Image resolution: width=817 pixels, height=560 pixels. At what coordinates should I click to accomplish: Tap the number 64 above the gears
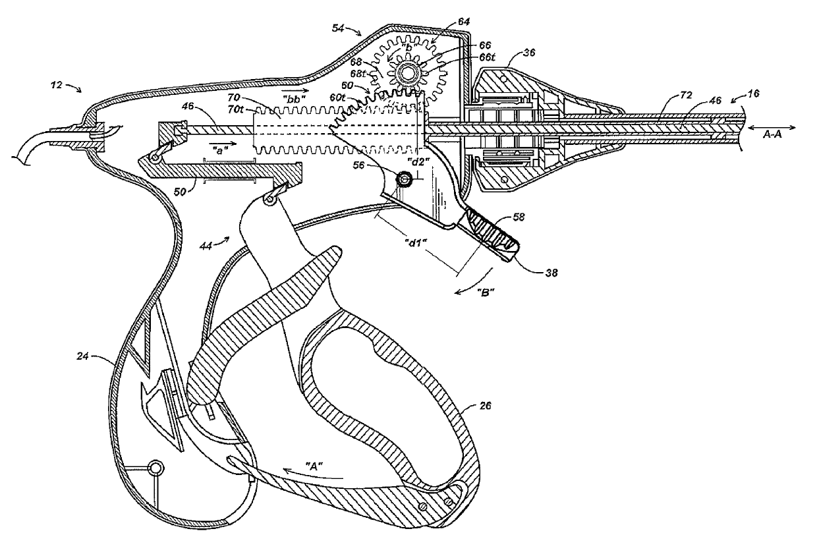point(465,22)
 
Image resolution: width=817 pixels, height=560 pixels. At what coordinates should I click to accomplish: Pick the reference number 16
point(753,95)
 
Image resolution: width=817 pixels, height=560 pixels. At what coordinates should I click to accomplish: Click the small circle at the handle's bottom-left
point(157,468)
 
